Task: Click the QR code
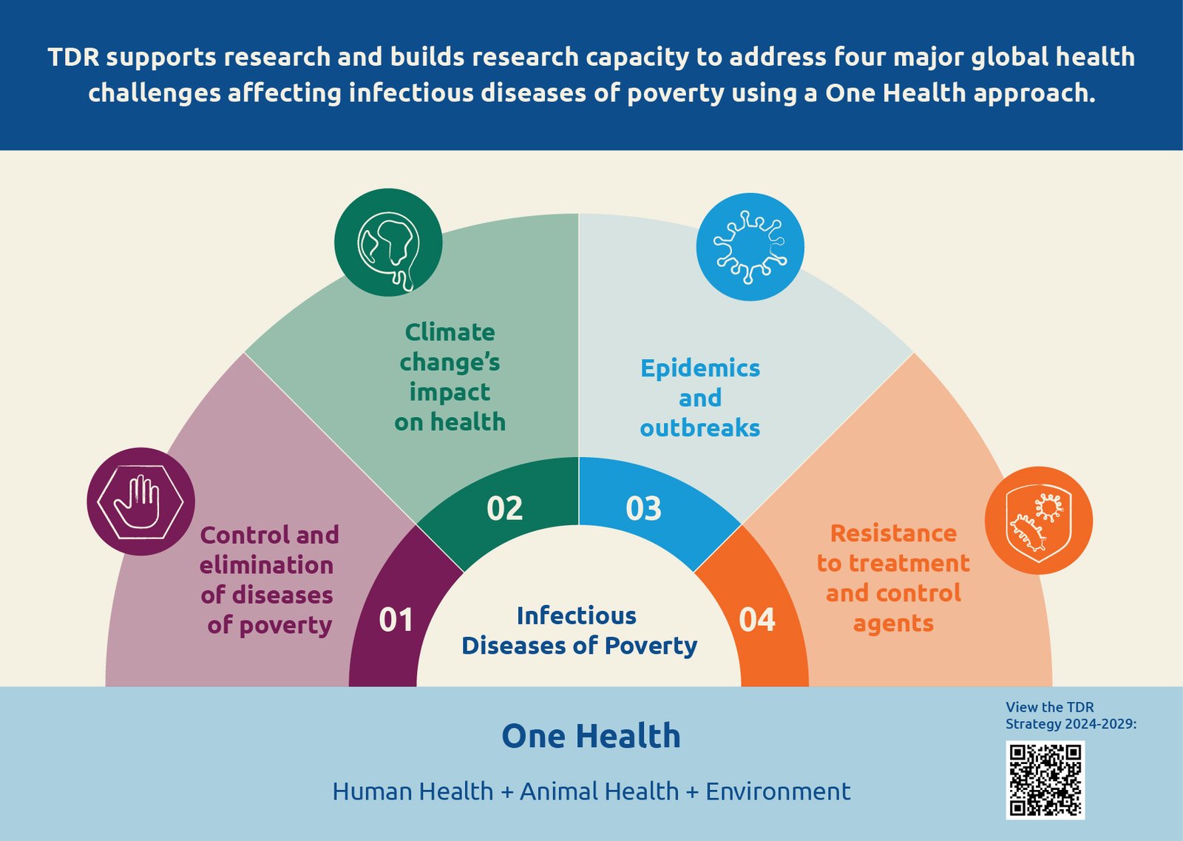coord(1045,780)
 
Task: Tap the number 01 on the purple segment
coord(396,620)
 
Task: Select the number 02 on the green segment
coord(504,508)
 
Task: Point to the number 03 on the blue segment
coord(643,508)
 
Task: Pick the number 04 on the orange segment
coord(756,620)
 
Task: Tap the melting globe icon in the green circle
coord(388,243)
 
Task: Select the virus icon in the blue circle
coord(750,247)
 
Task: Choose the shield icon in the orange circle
coord(1038,520)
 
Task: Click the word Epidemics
coord(699,368)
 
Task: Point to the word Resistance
coord(893,533)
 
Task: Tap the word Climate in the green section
coord(450,331)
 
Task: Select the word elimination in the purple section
coord(266,565)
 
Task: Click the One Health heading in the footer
coord(591,736)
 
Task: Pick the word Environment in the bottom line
coord(777,791)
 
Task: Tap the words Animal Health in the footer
coord(599,791)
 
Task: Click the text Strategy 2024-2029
coord(1070,723)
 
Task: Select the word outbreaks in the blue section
coord(699,428)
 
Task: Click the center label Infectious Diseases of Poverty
coord(579,630)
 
